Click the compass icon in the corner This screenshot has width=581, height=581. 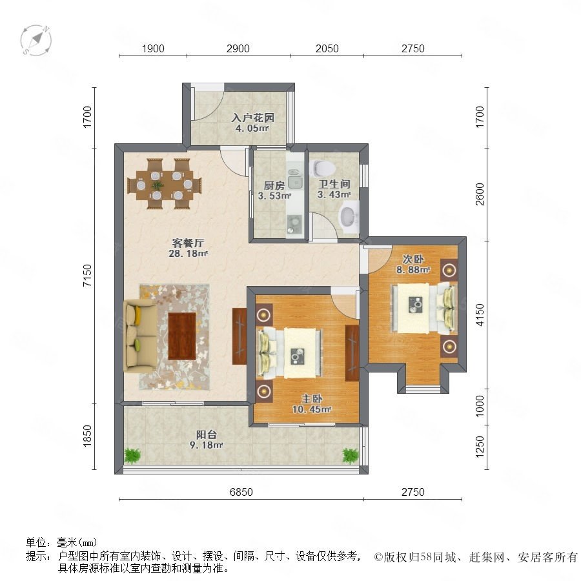[36, 41]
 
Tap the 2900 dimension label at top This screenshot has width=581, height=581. [238, 48]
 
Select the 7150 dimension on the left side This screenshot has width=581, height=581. [87, 275]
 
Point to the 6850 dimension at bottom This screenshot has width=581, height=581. [241, 492]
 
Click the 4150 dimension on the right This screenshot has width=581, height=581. [480, 315]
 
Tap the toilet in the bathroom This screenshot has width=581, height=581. [323, 168]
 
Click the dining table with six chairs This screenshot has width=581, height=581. [165, 184]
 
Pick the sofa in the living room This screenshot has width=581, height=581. [139, 336]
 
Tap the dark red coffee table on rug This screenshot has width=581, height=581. [182, 336]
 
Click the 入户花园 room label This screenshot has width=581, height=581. [252, 118]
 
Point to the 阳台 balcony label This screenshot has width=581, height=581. [207, 434]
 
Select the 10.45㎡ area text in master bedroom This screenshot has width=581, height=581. [312, 409]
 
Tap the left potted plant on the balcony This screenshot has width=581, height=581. [132, 456]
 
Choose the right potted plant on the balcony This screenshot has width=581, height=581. [350, 456]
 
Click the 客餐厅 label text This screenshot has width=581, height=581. [188, 243]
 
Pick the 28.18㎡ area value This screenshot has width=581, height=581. [188, 254]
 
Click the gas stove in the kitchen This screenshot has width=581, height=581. [295, 224]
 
